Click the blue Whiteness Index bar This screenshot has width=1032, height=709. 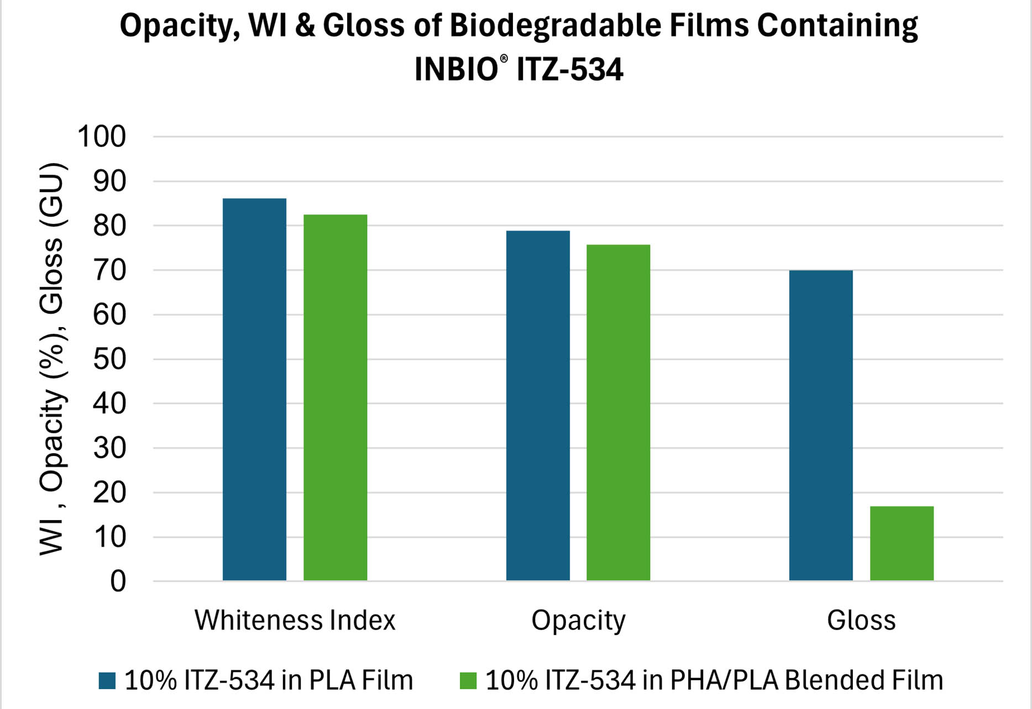(x=254, y=389)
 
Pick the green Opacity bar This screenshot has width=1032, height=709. (x=618, y=412)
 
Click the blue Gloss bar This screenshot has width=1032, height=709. (x=821, y=425)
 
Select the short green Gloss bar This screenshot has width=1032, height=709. (x=902, y=543)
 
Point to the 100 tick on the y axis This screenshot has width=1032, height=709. (x=102, y=136)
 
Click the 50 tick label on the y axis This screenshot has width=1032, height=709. (x=109, y=359)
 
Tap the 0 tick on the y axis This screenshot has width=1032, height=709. (x=118, y=581)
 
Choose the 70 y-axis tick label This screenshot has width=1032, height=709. (x=109, y=270)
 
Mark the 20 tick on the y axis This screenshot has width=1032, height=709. (x=109, y=492)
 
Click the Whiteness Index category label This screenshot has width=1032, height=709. (x=295, y=620)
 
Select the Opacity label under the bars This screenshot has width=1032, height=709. (x=578, y=620)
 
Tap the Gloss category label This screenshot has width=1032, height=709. (x=861, y=620)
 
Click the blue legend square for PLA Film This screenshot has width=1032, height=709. (x=107, y=680)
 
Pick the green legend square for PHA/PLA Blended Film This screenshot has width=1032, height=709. (x=468, y=680)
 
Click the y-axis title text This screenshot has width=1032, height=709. (x=53, y=359)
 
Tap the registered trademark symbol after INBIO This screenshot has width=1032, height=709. (x=504, y=59)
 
